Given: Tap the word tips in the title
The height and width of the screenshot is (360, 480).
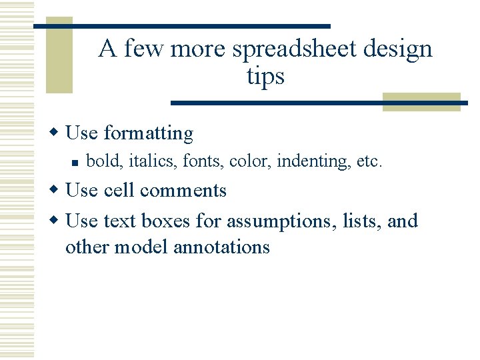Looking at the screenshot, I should pos(265,76).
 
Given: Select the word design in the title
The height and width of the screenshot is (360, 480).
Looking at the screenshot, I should pos(399,49).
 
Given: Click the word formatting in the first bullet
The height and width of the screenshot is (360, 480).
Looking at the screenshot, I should pos(148,133).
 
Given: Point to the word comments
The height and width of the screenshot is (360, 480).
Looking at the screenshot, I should pos(183,191).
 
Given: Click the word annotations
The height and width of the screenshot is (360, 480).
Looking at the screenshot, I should pos(221,247).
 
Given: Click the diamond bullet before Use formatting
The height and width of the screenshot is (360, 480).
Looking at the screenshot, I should pos(57,133).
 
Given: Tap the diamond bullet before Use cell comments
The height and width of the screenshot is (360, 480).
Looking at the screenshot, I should pos(57,190).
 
